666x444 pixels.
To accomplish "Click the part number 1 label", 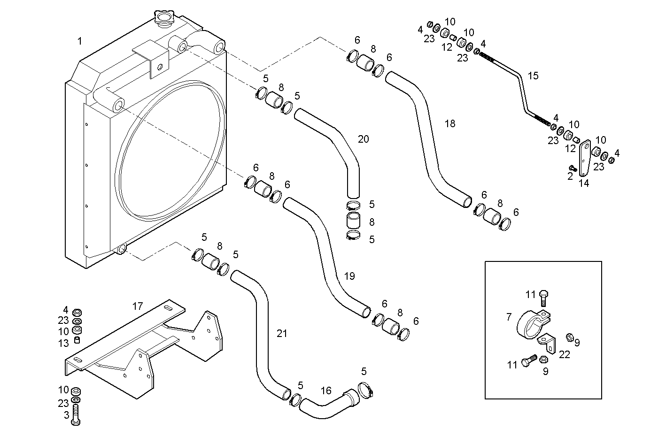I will tap(80, 41).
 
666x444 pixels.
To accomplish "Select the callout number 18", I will tap(450, 124).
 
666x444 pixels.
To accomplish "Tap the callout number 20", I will tap(363, 139).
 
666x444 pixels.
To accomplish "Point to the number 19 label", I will tap(349, 276).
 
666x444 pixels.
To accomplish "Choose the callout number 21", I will tap(281, 334).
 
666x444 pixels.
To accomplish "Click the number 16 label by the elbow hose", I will tap(326, 390).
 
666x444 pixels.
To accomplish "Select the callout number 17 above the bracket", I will tap(137, 306).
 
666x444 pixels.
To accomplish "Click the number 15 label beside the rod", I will tap(533, 76).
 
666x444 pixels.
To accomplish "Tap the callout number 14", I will tap(583, 183).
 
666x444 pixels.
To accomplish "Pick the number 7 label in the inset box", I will tap(509, 318).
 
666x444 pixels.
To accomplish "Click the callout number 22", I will tap(565, 355).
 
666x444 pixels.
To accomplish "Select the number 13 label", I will tap(63, 344).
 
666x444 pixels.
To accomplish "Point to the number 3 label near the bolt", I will tap(66, 415).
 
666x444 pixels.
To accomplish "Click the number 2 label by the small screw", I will tap(570, 176).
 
